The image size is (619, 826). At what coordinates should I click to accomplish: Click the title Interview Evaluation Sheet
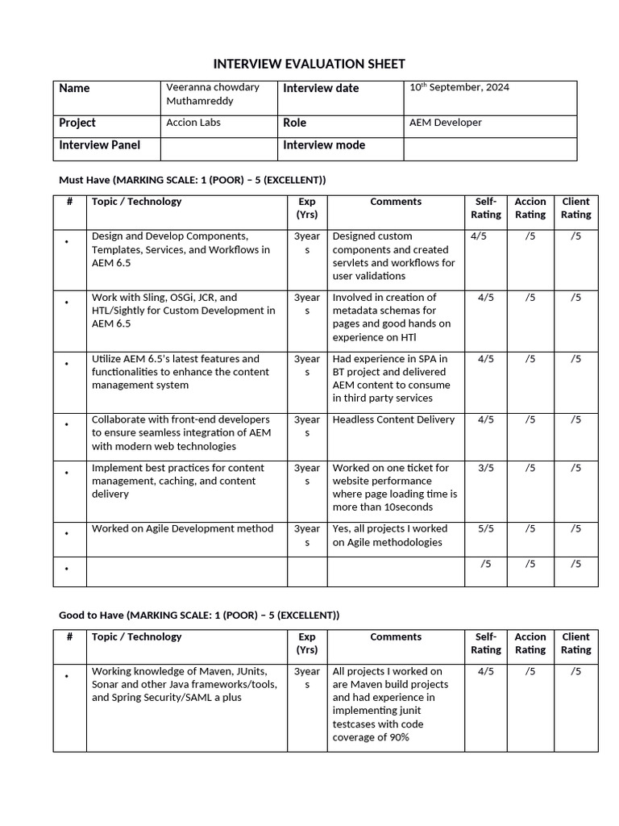309,64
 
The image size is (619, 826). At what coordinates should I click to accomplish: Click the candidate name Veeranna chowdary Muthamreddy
212,94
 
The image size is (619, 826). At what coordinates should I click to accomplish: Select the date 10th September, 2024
459,87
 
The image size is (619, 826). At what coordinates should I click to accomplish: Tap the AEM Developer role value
446,123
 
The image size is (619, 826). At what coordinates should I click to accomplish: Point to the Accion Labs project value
193,123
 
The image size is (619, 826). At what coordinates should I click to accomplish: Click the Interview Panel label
99,145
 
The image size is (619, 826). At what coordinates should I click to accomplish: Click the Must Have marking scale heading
192,179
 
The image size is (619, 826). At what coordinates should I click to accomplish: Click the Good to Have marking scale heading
199,615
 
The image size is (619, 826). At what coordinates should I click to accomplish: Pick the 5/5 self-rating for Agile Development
485,529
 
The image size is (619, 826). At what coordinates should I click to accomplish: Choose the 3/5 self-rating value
485,468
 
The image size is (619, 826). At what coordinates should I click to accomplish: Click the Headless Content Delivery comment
393,419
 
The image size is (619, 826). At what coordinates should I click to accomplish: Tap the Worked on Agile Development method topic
182,529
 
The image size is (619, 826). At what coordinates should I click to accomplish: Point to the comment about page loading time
394,487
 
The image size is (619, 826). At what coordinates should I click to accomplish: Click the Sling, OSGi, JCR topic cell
183,311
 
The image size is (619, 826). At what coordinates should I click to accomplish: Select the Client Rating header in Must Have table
575,208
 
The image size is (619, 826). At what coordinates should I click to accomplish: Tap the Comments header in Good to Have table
396,637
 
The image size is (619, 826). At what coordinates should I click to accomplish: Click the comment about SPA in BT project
392,378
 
